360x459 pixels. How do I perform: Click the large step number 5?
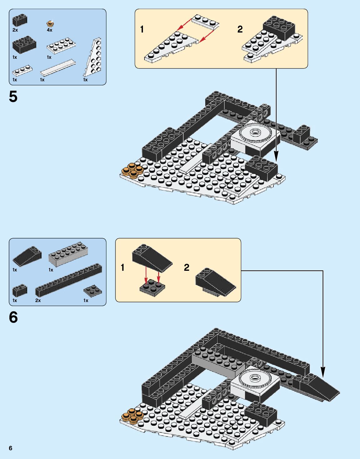click(x=13, y=97)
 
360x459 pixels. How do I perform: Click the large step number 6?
click(x=13, y=317)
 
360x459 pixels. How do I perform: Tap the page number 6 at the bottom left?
click(x=11, y=448)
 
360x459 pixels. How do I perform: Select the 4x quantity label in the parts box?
click(x=49, y=30)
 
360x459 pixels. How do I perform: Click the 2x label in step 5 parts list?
click(x=15, y=30)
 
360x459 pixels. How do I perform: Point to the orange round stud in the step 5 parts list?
click(x=50, y=23)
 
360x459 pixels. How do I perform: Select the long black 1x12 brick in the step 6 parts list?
click(x=68, y=280)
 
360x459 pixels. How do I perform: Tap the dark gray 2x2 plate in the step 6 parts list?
click(x=93, y=290)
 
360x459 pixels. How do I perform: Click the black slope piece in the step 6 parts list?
click(x=27, y=255)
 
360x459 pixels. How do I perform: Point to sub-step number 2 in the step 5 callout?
click(x=240, y=29)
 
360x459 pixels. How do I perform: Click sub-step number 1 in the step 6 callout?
click(x=123, y=268)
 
